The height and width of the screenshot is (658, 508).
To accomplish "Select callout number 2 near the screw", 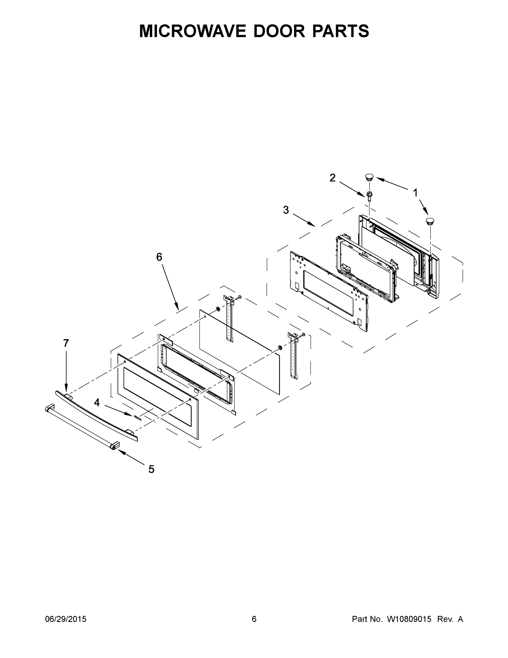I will (332, 178).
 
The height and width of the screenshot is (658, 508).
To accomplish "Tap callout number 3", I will (286, 210).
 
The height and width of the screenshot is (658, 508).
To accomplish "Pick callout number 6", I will (159, 257).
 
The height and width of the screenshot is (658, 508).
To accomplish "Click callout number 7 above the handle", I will (66, 343).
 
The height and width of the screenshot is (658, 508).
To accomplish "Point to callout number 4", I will (97, 402).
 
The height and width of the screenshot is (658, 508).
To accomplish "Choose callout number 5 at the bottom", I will (151, 469).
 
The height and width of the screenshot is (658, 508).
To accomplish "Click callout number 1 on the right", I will (415, 192).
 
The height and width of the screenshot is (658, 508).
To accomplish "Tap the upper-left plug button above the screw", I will (369, 177).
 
